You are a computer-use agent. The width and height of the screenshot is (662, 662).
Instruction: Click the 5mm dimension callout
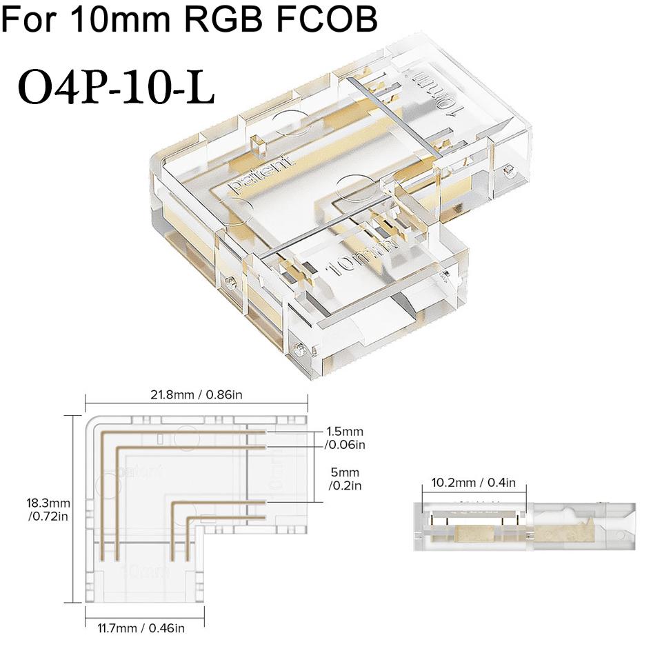[x=341, y=472]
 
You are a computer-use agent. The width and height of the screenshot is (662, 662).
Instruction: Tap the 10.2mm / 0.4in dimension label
[x=474, y=482]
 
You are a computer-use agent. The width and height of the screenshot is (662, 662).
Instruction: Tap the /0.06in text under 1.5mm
[x=345, y=445]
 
